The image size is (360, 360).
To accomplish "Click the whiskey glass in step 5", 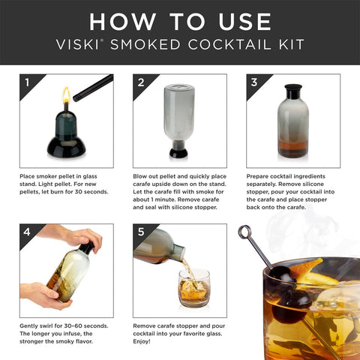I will pyautogui.click(x=194, y=288).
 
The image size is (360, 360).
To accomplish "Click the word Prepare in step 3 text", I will pyautogui.click(x=259, y=175).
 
